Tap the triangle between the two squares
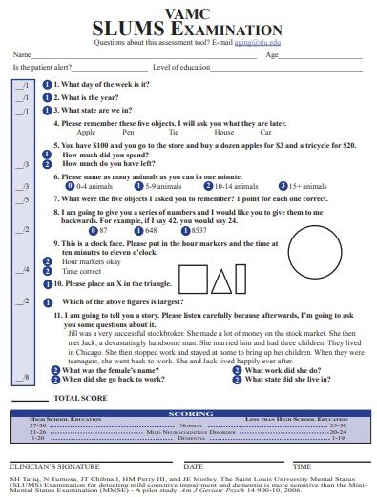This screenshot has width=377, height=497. tap(221, 280)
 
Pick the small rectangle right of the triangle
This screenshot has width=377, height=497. tap(246, 280)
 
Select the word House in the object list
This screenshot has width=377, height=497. tap(223, 133)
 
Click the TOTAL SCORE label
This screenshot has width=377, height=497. tap(80, 397)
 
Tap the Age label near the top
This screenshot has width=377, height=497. tap(272, 55)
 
